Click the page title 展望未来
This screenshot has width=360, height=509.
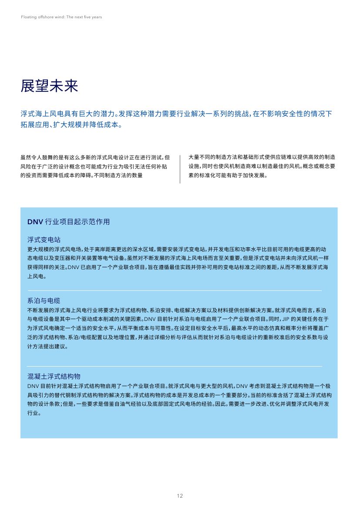tap(49, 86)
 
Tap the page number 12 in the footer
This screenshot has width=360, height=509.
tap(180, 496)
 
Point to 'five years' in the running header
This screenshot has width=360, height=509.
tap(93, 17)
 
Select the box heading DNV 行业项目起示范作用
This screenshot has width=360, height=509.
tap(68, 222)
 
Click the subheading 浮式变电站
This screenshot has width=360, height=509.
tap(44, 240)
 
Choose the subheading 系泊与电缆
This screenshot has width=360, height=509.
tap(44, 301)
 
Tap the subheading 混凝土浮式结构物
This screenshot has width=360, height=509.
tap(54, 376)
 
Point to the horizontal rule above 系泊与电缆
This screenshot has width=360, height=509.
tap(174, 290)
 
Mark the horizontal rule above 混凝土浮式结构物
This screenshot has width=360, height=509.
tap(174, 366)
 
